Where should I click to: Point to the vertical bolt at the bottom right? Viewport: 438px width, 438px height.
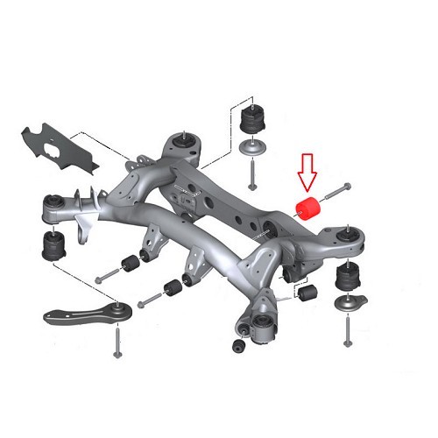(350, 335)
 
